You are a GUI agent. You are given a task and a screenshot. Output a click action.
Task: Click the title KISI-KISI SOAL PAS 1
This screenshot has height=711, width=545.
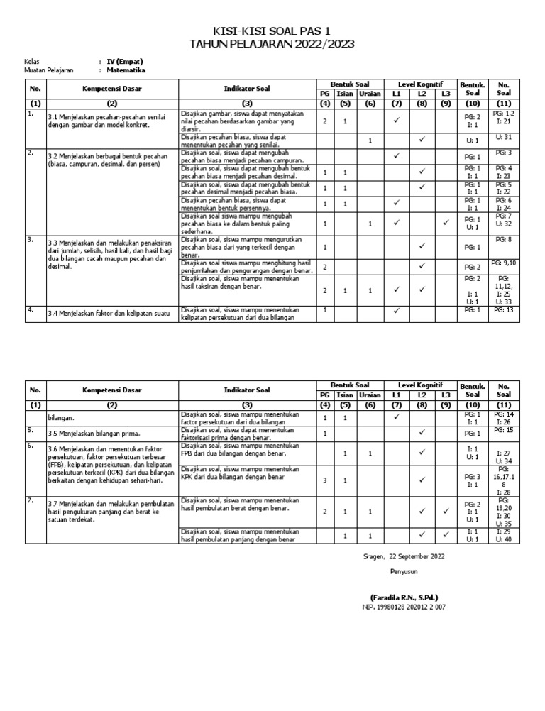(x=272, y=31)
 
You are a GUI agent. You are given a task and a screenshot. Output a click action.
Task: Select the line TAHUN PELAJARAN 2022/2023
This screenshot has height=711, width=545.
(x=272, y=44)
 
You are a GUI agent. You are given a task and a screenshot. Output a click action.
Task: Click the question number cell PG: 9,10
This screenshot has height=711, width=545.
(x=504, y=263)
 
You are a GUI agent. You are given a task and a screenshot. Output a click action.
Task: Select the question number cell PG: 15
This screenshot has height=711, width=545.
(x=504, y=430)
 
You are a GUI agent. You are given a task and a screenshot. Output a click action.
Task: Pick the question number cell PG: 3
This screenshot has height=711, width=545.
(x=504, y=153)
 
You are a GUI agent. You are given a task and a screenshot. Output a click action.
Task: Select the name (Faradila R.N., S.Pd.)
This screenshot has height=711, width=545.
(x=404, y=597)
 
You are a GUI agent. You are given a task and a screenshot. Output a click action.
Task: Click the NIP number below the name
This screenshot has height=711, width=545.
(x=404, y=607)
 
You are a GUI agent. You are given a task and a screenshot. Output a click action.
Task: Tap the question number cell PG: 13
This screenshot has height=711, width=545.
(x=504, y=310)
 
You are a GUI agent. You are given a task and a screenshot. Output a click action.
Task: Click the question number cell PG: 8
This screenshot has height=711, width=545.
(x=504, y=240)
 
